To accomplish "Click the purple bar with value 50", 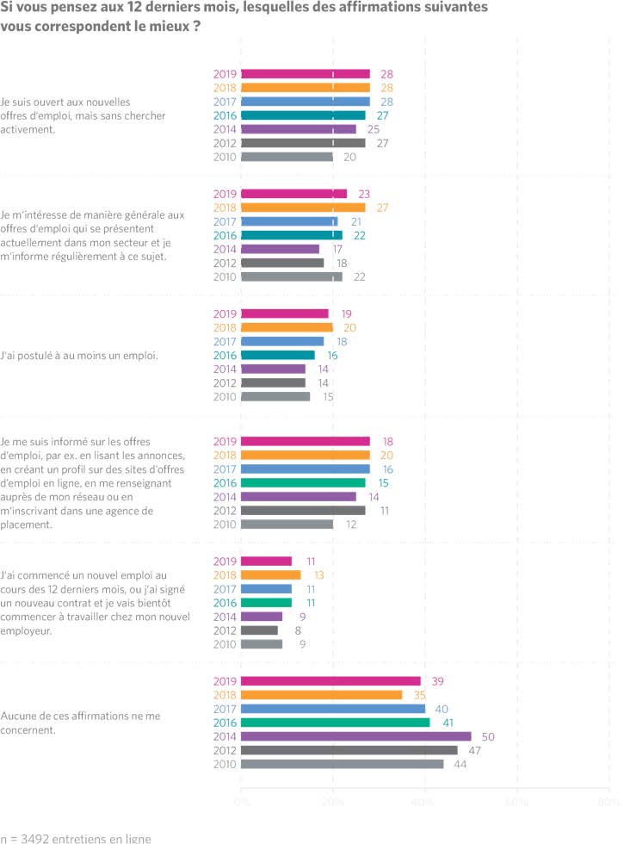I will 355,736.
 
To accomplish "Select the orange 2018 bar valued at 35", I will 321,695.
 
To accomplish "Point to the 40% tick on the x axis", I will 425,802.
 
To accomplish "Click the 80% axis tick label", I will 609,802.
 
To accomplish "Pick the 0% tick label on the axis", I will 242,802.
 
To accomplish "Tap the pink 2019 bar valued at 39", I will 331,681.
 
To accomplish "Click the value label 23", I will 363,194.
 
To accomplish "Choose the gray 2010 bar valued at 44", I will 342,764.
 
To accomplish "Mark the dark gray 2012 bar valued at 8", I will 259,630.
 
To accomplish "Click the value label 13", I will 318,575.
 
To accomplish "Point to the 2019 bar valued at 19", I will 284,313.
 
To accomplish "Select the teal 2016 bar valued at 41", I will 335,723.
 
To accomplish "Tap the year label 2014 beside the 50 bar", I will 226,736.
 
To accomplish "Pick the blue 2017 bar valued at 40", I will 333,709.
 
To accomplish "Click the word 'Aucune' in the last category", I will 19,716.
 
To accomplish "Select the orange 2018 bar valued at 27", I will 303,208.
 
